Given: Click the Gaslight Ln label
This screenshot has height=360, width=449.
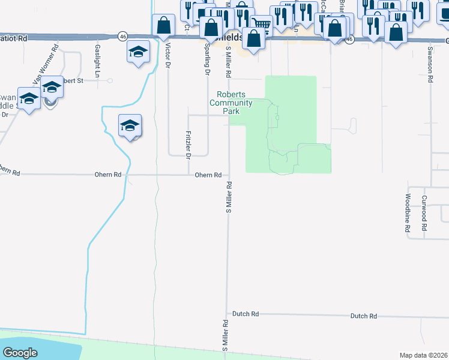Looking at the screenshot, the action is pos(97,55).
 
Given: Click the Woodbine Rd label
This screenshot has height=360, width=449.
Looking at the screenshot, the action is pos(408,212).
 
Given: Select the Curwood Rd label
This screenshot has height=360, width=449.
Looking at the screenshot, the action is pos(424,214).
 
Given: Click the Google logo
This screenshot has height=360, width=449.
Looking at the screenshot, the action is pos(20,353).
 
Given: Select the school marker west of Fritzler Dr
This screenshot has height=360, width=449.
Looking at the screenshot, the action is pos(130,125).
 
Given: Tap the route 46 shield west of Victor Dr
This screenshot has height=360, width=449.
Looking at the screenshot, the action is pos(122,36).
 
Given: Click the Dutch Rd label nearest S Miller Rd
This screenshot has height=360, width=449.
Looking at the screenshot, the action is pos(246,314).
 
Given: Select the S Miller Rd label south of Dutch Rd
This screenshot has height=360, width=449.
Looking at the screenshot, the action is pos(226,335).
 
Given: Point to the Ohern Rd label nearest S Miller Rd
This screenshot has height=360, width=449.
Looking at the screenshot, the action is pos(208,175).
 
